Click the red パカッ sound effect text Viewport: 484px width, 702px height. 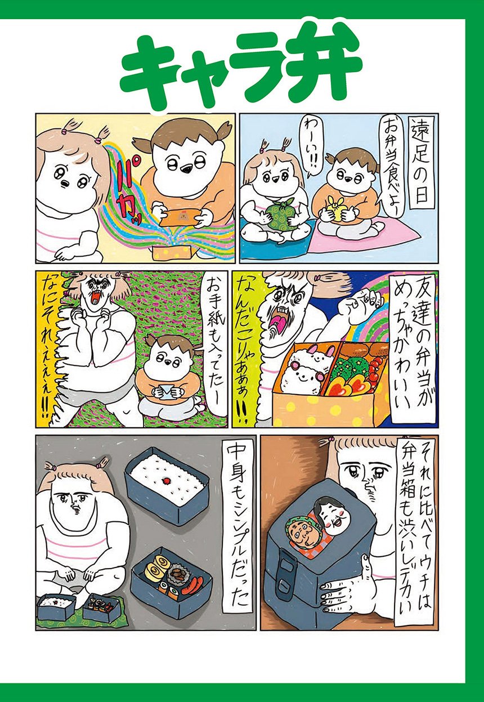pos(127,191)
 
